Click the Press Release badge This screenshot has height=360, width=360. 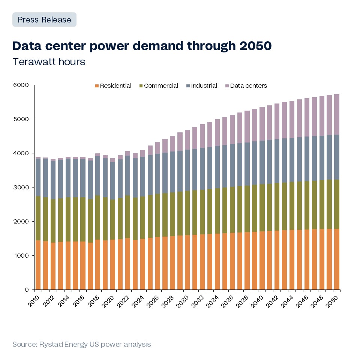point(44,19)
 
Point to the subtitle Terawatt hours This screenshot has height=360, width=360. point(49,62)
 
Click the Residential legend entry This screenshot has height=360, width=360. point(113,86)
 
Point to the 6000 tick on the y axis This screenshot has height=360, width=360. point(21,85)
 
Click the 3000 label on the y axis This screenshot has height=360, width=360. point(21,187)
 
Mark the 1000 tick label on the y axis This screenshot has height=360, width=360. point(21,256)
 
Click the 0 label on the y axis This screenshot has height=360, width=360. point(27,290)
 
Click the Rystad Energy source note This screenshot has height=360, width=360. point(81,344)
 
